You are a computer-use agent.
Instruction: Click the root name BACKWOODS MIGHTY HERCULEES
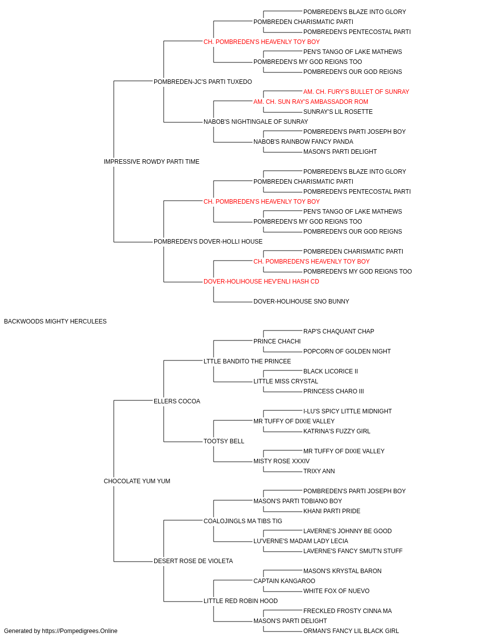click(55, 321)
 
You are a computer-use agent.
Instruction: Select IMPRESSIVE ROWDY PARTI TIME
click(151, 162)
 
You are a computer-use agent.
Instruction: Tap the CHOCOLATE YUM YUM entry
click(137, 481)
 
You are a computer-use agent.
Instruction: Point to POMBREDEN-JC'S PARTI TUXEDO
click(203, 82)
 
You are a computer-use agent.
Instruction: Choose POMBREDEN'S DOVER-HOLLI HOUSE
click(208, 242)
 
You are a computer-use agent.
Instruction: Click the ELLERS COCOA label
click(177, 401)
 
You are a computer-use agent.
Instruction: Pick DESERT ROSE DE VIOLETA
click(193, 561)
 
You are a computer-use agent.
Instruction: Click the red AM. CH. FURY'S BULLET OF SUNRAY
click(356, 92)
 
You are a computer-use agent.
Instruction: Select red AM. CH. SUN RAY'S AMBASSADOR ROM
click(310, 102)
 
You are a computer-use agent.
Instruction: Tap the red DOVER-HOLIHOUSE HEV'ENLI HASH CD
click(261, 282)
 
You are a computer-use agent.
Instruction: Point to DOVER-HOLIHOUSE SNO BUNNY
click(301, 302)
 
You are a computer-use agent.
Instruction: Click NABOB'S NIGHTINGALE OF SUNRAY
click(255, 122)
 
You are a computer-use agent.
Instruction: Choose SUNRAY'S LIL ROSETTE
click(338, 112)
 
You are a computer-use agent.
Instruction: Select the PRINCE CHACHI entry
click(277, 341)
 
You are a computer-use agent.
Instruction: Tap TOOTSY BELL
click(224, 441)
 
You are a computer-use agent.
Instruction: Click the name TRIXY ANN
click(319, 471)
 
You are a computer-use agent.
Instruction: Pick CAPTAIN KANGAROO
click(284, 581)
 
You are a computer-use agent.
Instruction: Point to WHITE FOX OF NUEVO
click(336, 591)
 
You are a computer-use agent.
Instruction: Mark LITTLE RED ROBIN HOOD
click(241, 601)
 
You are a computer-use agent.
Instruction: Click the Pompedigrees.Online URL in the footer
click(79, 631)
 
